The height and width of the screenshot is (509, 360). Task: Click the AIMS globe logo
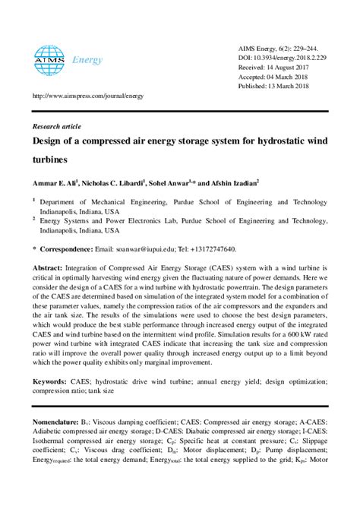[48, 56]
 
